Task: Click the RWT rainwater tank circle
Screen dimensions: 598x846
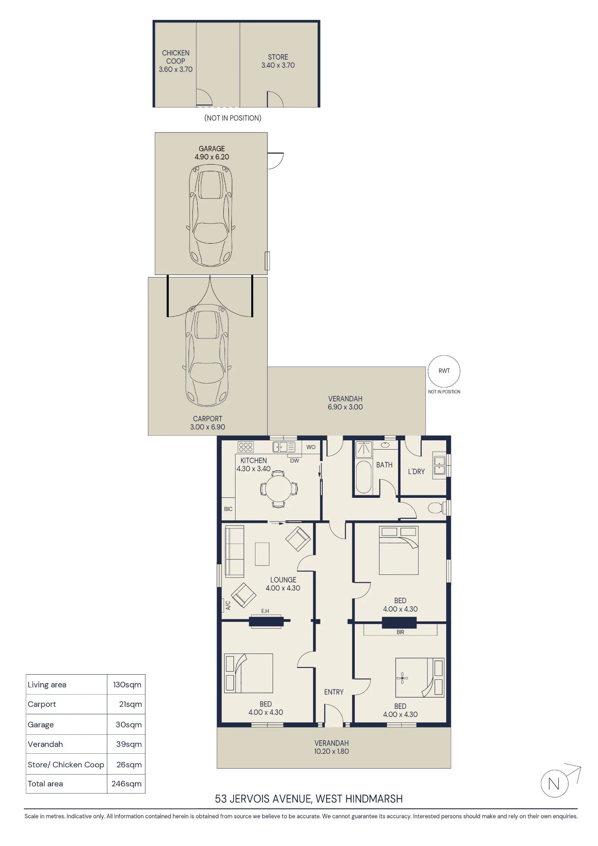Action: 444,356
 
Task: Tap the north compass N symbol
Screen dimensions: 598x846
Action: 554,784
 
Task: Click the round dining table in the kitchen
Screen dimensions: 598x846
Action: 279,488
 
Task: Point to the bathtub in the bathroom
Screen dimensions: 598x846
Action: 363,477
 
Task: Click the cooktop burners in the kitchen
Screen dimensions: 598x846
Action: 245,447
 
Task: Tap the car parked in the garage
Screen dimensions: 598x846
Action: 210,215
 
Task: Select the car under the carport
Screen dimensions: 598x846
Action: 207,355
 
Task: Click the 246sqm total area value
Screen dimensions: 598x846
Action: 126,784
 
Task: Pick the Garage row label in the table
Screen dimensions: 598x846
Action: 41,725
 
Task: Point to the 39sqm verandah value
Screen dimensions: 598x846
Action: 129,744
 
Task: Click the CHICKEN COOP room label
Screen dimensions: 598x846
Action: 176,57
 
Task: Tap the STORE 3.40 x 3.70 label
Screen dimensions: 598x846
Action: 278,61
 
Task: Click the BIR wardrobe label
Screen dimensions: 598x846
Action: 400,632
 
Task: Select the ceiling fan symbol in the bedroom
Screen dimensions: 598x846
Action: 402,678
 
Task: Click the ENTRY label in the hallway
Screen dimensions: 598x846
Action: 334,692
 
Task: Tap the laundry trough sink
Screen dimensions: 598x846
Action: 439,465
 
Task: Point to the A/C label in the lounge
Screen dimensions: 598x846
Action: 228,605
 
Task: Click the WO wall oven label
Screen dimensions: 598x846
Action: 311,447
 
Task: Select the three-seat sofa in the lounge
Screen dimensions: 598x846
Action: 234,552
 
